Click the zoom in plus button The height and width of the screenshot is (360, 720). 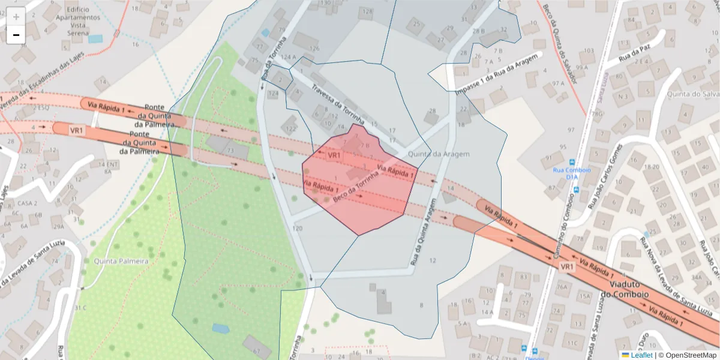coord(16,17)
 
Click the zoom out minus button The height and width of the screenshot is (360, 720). coord(16,35)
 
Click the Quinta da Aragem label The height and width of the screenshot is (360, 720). coord(439,154)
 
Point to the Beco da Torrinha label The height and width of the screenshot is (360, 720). coord(356,186)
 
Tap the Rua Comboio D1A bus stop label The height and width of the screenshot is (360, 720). coord(571,173)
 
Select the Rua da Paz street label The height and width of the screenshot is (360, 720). coord(634,55)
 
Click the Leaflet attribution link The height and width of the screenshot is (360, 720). coord(641,355)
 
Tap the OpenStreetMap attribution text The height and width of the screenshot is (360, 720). coord(687,355)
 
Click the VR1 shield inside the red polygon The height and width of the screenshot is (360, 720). coord(334,155)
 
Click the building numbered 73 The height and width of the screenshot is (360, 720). coord(229,148)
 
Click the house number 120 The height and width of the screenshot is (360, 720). coord(297,228)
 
